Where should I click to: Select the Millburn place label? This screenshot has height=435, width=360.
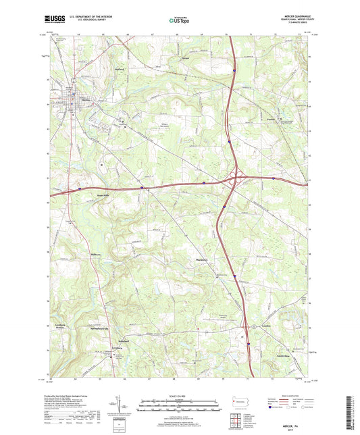coord(76,254)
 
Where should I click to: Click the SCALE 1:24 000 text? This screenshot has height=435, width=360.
coord(179,396)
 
